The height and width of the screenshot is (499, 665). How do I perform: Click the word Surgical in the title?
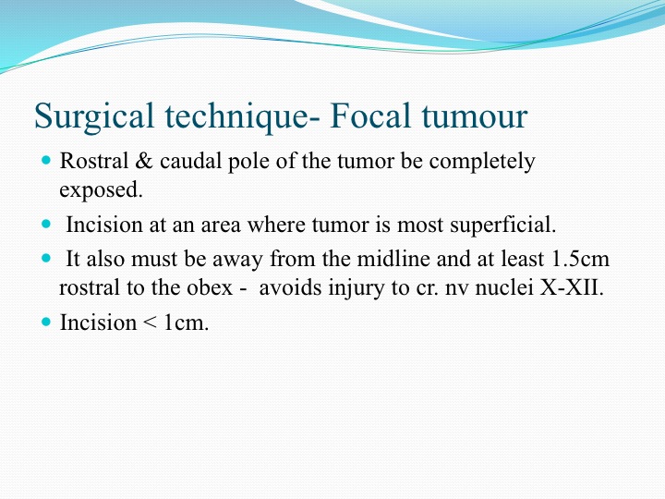click(93, 116)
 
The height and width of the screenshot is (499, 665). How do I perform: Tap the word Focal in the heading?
click(369, 116)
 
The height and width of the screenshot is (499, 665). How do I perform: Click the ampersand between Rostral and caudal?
click(144, 161)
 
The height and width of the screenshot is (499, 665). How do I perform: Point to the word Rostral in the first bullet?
click(93, 161)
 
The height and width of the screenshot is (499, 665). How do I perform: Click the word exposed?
click(101, 190)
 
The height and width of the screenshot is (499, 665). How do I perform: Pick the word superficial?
click(503, 225)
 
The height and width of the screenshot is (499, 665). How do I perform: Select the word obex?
click(210, 288)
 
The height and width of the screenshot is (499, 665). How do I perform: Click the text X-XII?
click(572, 288)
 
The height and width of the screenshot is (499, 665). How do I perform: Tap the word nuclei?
click(504, 288)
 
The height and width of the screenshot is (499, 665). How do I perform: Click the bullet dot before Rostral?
click(46, 161)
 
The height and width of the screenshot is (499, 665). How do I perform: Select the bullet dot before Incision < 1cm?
click(46, 323)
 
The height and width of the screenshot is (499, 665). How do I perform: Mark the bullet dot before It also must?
click(46, 258)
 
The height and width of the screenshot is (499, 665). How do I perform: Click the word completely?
click(482, 162)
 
